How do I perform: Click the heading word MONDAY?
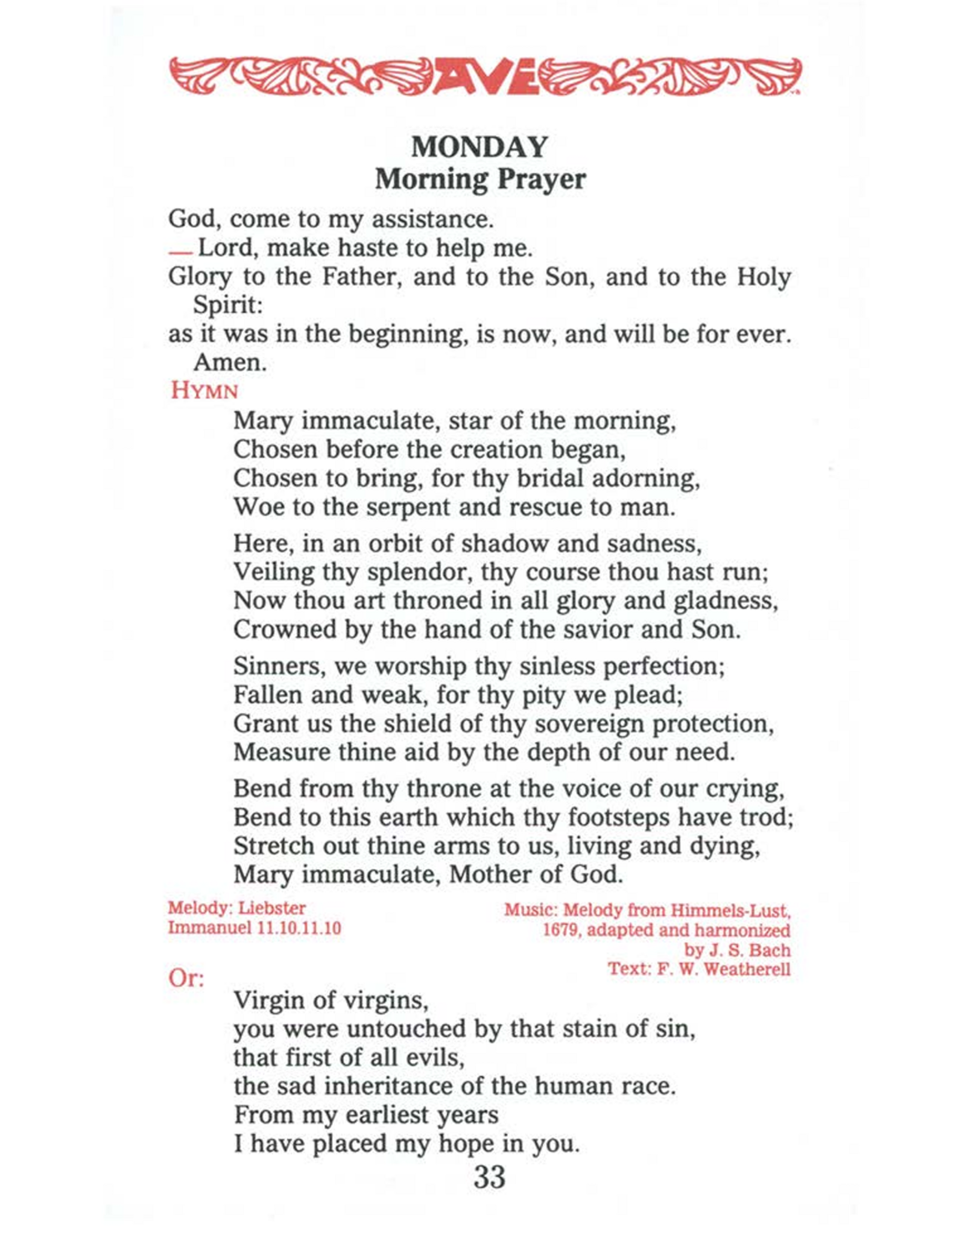pos(480,147)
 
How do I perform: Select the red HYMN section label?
pos(204,391)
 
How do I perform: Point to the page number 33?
pos(489,1177)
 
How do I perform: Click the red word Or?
pos(186,978)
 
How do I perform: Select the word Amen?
pos(230,362)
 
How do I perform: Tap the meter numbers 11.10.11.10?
pos(299,927)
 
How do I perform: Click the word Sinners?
pos(279,667)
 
